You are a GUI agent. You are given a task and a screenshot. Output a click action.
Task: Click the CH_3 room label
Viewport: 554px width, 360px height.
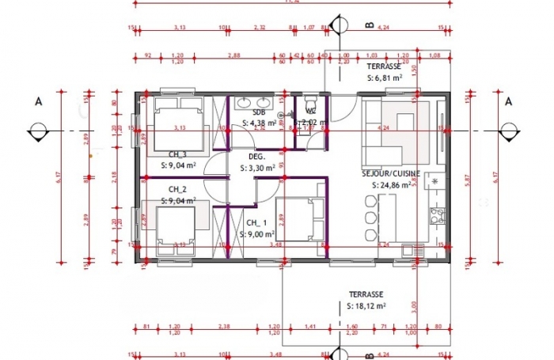(177, 154)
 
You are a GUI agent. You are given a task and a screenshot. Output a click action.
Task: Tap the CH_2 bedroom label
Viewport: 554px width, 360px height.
(177, 189)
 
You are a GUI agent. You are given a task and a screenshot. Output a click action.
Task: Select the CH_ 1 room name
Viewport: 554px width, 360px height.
(257, 223)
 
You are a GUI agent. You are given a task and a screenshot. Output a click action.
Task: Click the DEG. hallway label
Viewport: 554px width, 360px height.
(257, 157)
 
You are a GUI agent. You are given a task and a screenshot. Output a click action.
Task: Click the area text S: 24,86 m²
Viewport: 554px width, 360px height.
(391, 185)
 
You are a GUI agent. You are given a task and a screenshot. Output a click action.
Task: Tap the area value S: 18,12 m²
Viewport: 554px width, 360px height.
(366, 305)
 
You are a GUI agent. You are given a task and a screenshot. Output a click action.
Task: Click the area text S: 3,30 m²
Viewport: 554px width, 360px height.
(258, 168)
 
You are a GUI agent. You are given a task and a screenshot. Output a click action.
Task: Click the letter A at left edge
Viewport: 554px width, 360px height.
(37, 101)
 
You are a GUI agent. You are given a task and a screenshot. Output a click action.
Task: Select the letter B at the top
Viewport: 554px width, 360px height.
(368, 25)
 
